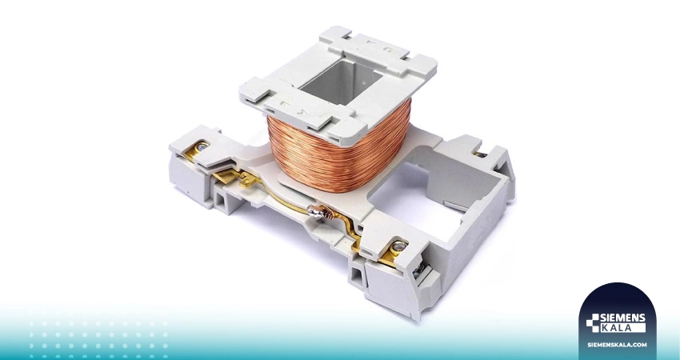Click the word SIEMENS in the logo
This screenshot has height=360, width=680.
pyautogui.click(x=622, y=318)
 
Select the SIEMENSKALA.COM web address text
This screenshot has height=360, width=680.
pyautogui.click(x=617, y=345)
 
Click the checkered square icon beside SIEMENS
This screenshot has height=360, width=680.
pyautogui.click(x=592, y=323)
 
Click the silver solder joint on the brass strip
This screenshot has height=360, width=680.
pyautogui.click(x=316, y=211)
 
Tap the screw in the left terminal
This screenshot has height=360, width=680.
pyautogui.click(x=202, y=146)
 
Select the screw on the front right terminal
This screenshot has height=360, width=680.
pyautogui.click(x=398, y=246)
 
